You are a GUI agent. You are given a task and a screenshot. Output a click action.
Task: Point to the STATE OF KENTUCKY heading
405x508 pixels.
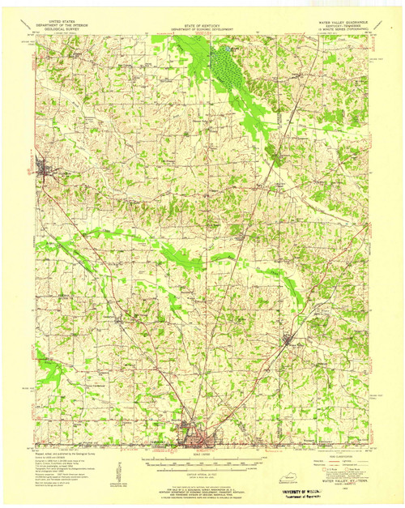pyautogui.click(x=202, y=26)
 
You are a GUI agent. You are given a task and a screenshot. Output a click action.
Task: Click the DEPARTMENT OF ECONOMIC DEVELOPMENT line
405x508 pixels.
pyautogui.click(x=202, y=30)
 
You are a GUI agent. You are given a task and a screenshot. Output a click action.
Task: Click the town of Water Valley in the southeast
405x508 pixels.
pyautogui.click(x=294, y=339)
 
